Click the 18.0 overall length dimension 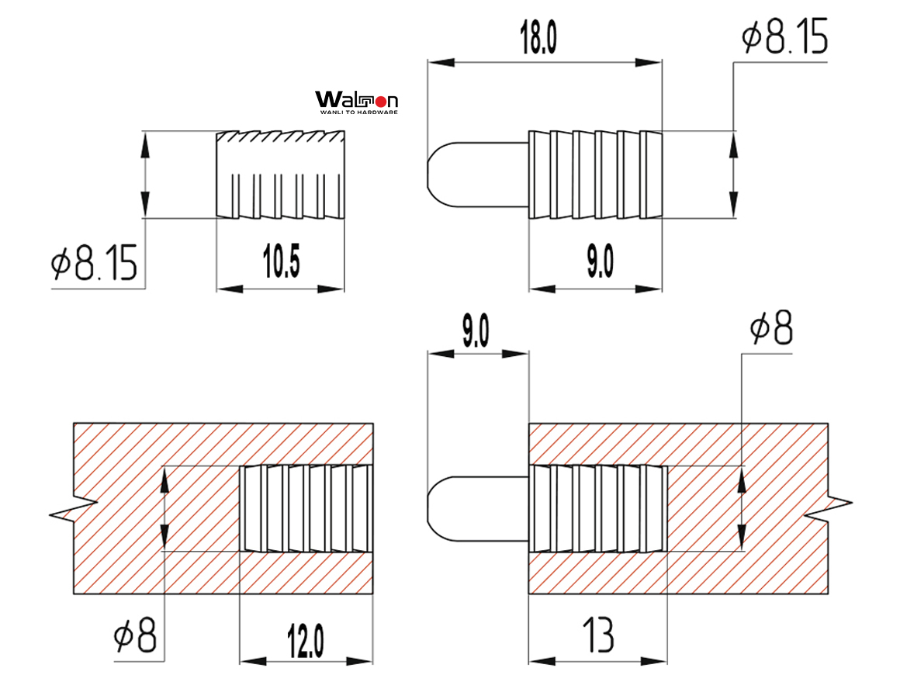[x=538, y=38]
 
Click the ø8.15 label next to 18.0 [x=784, y=37]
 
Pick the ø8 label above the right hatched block [x=771, y=331]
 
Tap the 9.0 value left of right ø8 [x=475, y=331]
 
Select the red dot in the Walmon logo [x=380, y=101]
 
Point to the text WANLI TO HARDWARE [x=358, y=112]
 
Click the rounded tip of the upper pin [x=439, y=175]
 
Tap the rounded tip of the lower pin [x=439, y=508]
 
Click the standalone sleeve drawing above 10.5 [x=280, y=175]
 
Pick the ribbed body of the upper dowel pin [x=595, y=175]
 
